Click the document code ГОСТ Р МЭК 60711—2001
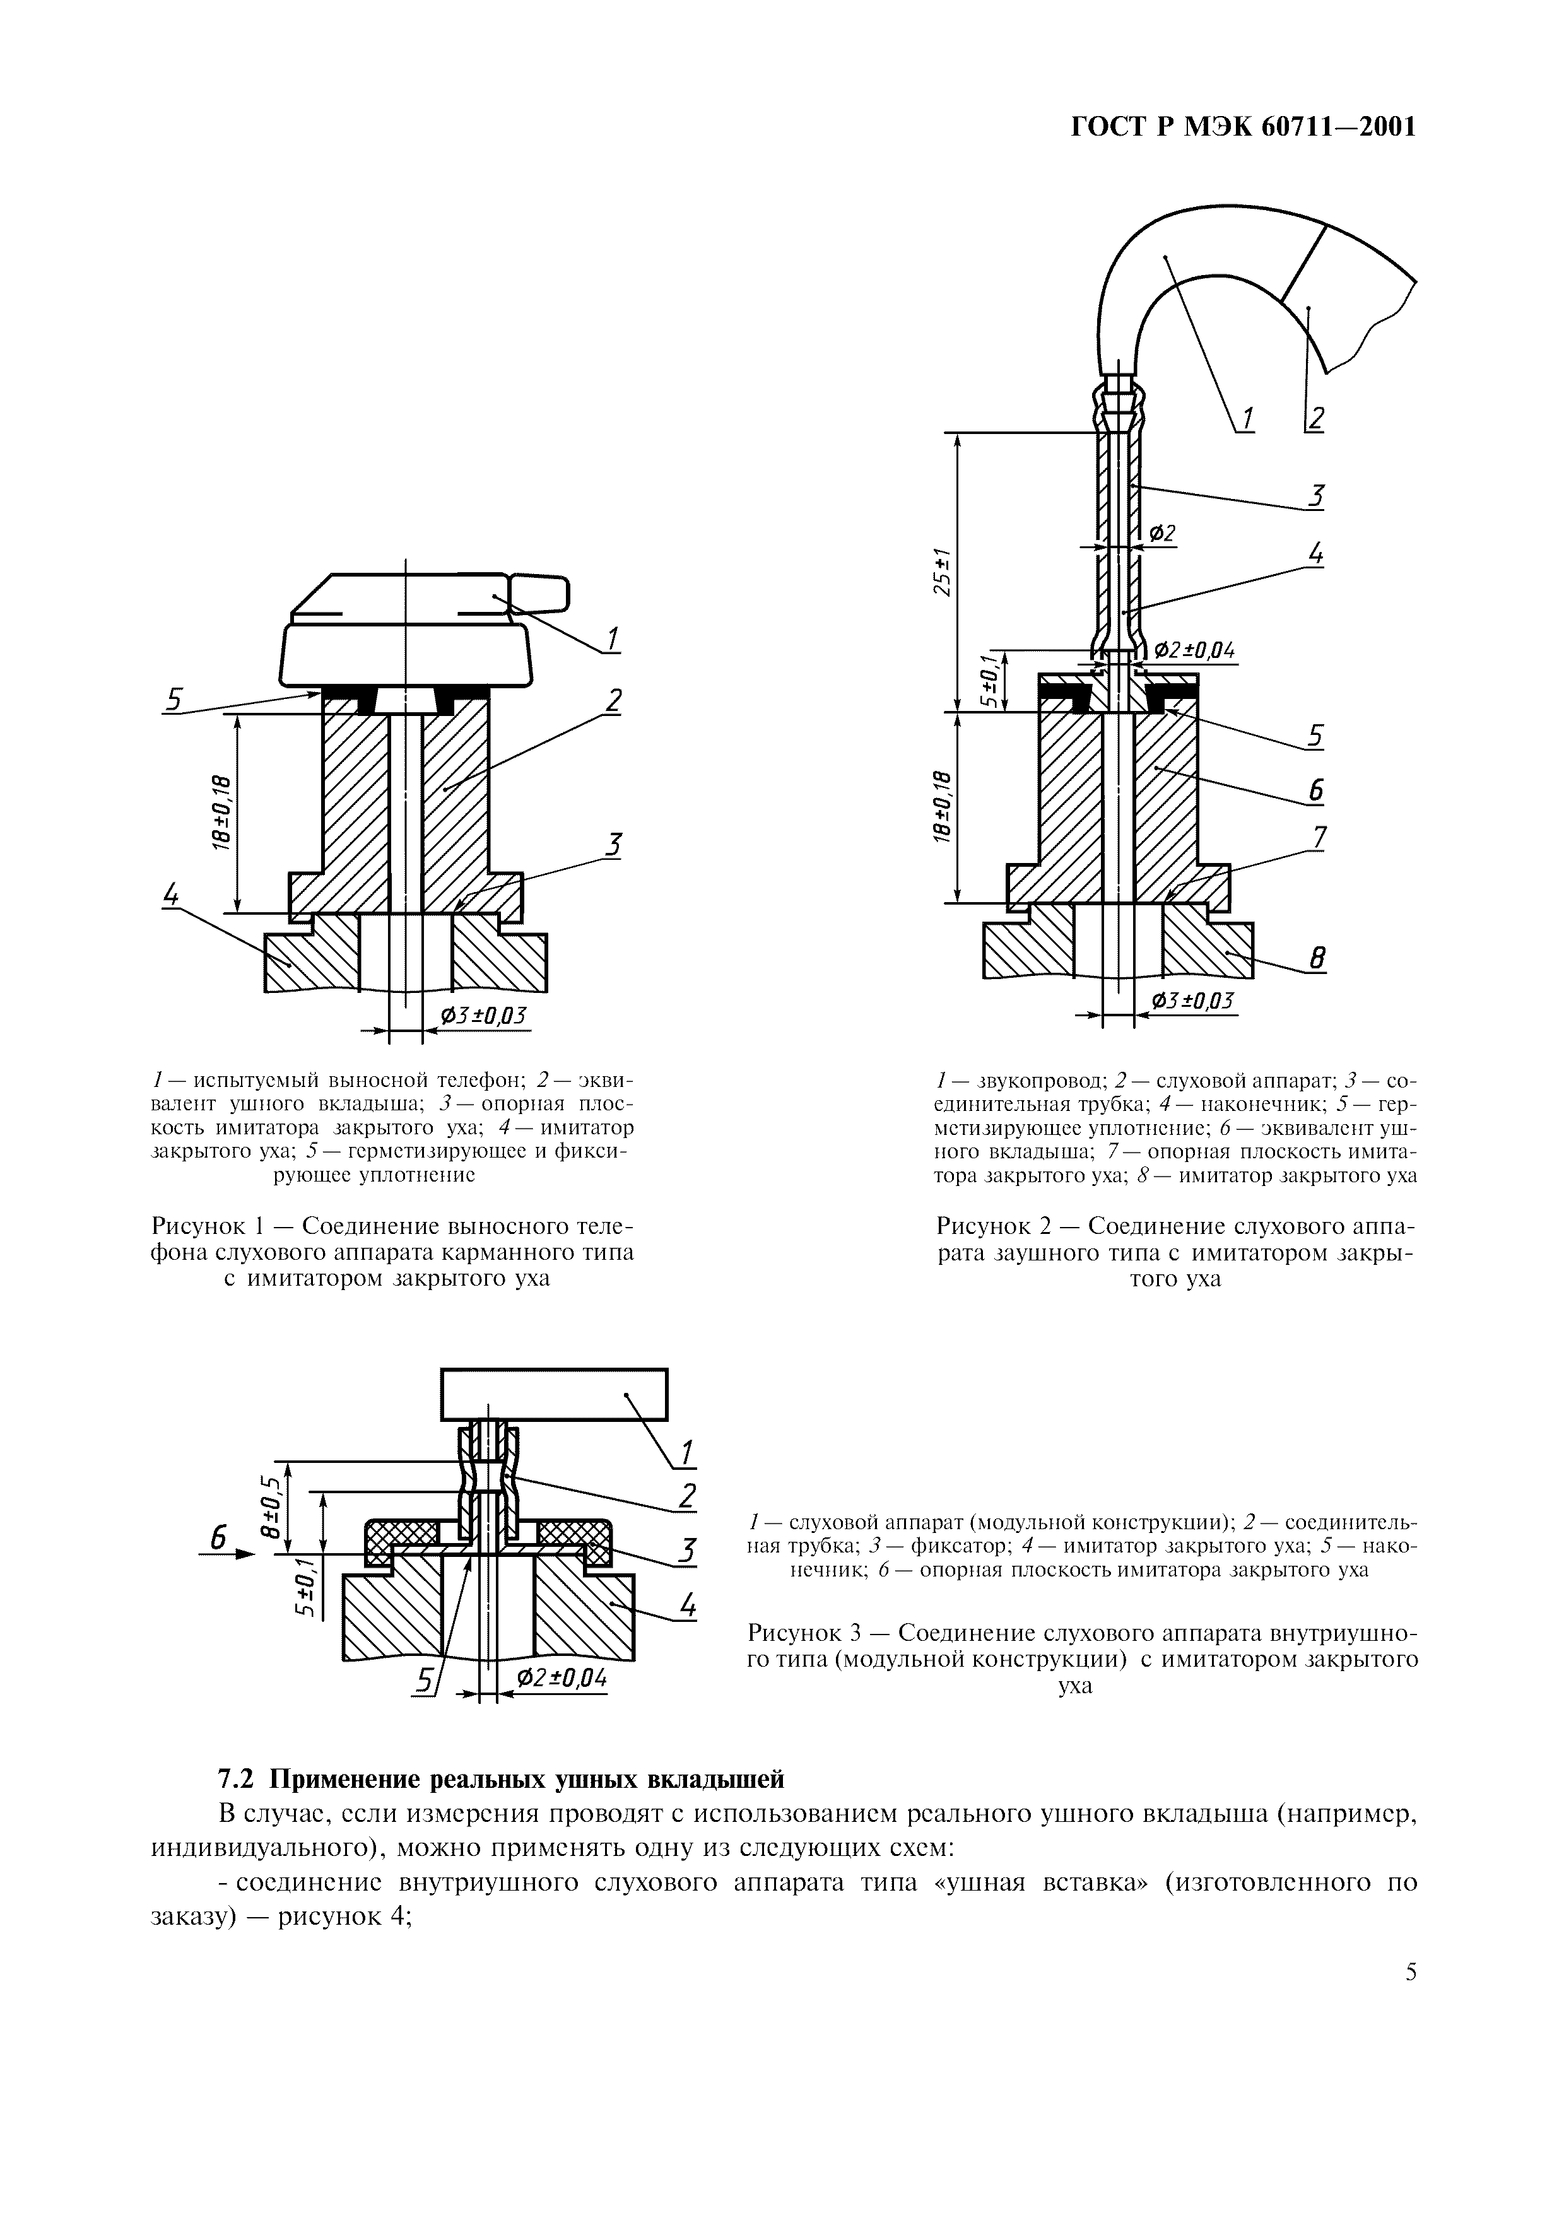point(1243,126)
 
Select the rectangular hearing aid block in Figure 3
point(554,1395)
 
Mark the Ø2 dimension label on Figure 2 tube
point(1162,533)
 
